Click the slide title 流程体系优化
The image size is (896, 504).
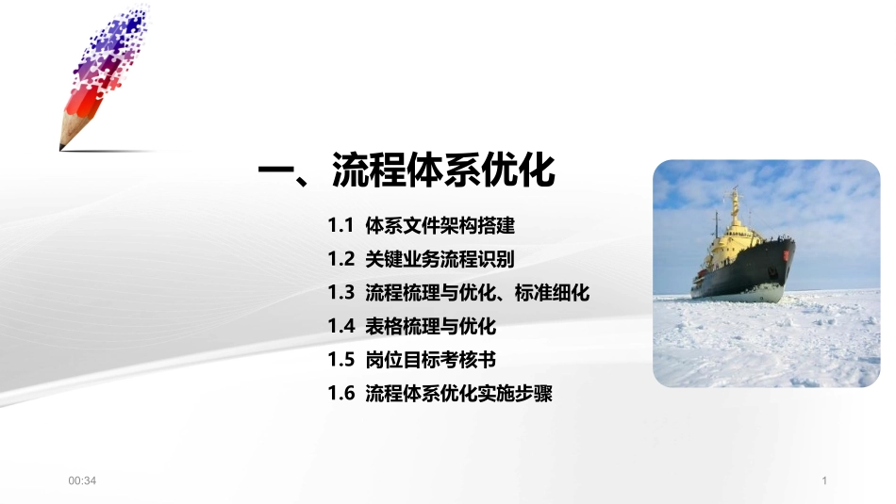click(x=443, y=171)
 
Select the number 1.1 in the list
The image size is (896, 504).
click(x=340, y=226)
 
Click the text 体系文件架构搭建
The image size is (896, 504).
click(x=440, y=226)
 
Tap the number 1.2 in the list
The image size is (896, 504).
click(x=340, y=259)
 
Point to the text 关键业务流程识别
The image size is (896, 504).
click(x=440, y=259)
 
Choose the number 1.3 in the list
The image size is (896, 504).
click(x=340, y=293)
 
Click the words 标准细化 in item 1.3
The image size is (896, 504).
click(x=553, y=293)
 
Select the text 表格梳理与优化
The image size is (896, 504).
click(x=430, y=327)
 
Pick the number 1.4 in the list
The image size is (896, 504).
click(x=340, y=327)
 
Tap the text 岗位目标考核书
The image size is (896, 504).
click(x=430, y=360)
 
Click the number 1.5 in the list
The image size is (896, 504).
click(x=340, y=360)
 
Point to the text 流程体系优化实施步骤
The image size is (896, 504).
click(x=458, y=394)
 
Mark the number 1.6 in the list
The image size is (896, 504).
click(x=340, y=394)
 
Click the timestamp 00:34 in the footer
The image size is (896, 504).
click(x=83, y=481)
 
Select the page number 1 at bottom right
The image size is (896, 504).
click(x=824, y=481)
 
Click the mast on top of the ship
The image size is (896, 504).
click(x=734, y=198)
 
